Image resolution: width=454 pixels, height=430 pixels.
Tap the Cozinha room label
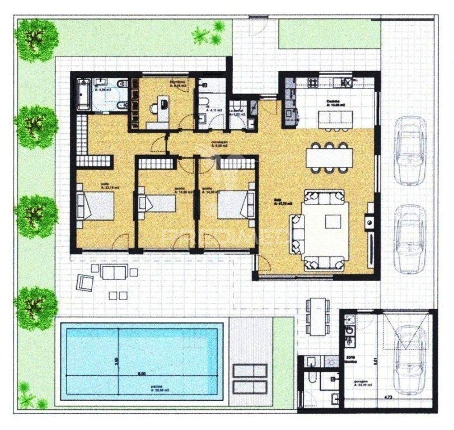(335, 102)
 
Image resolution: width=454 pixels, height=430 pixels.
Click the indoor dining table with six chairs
(330, 156)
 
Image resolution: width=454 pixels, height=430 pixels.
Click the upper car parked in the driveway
(410, 150)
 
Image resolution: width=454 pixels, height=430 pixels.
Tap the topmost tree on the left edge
(36, 36)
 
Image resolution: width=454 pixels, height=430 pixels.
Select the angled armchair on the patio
(85, 283)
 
